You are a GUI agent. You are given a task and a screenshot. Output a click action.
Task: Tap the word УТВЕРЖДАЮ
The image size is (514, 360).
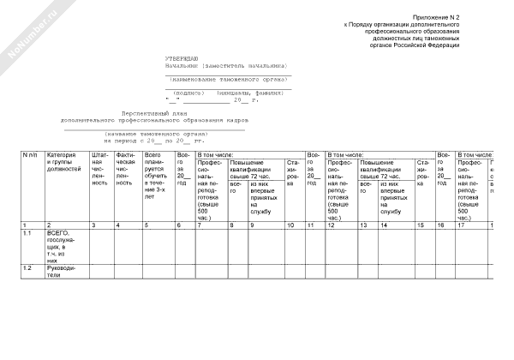182,57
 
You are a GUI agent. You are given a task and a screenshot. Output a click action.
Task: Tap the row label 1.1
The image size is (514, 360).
27,232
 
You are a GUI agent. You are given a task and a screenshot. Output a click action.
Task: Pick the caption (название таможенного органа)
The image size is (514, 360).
157,134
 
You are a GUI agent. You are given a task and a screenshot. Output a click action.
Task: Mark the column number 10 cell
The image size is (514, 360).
291,224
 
